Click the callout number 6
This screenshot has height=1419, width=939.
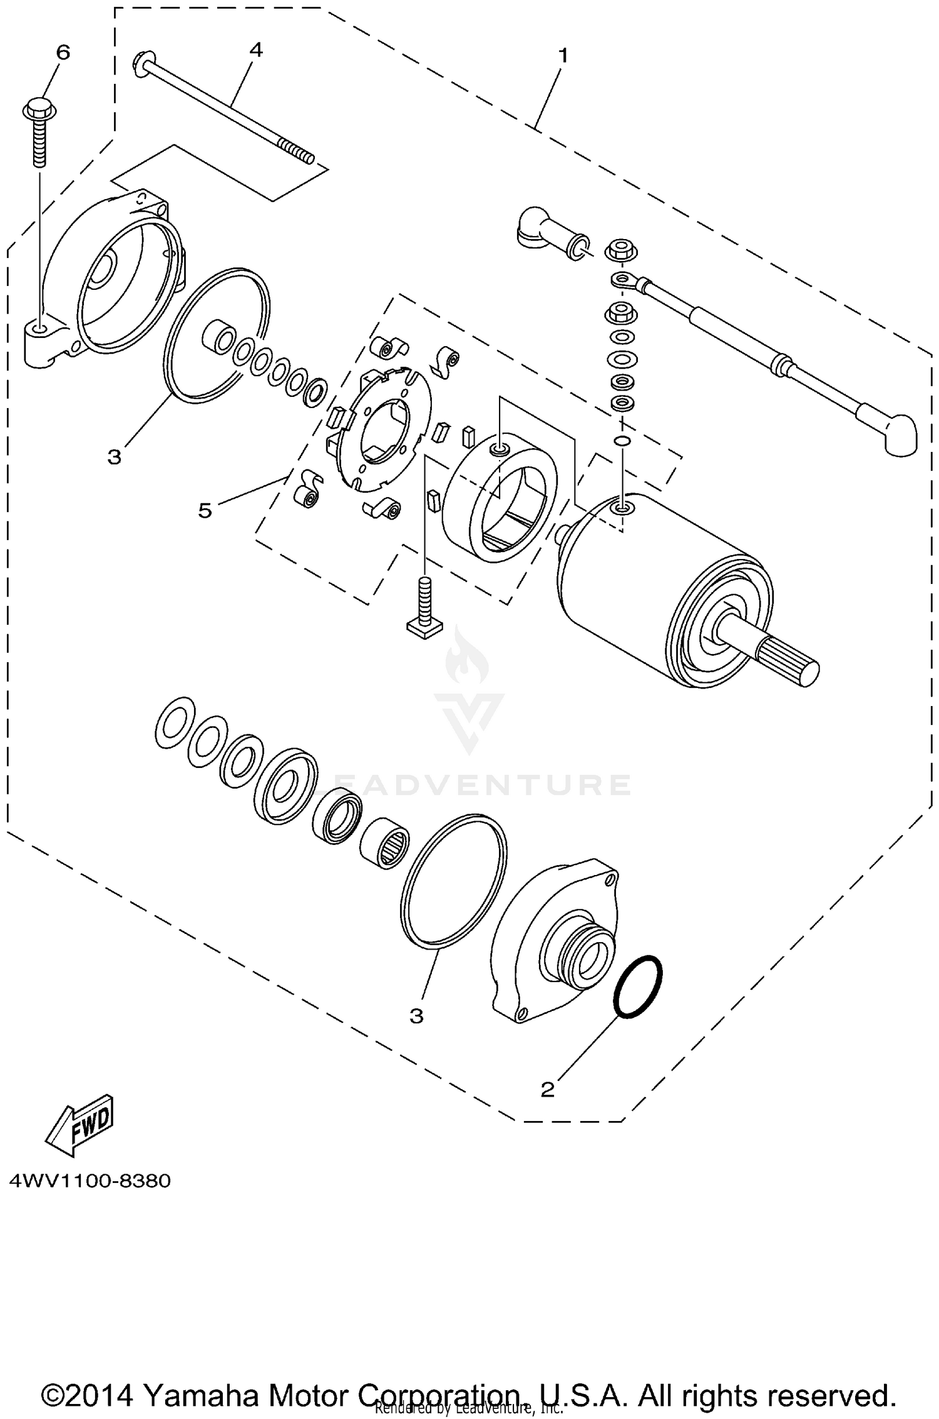tap(63, 53)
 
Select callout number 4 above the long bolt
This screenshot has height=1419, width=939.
tap(256, 50)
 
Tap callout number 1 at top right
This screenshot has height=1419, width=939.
tap(563, 56)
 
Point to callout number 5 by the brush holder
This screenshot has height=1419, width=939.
tap(205, 511)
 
